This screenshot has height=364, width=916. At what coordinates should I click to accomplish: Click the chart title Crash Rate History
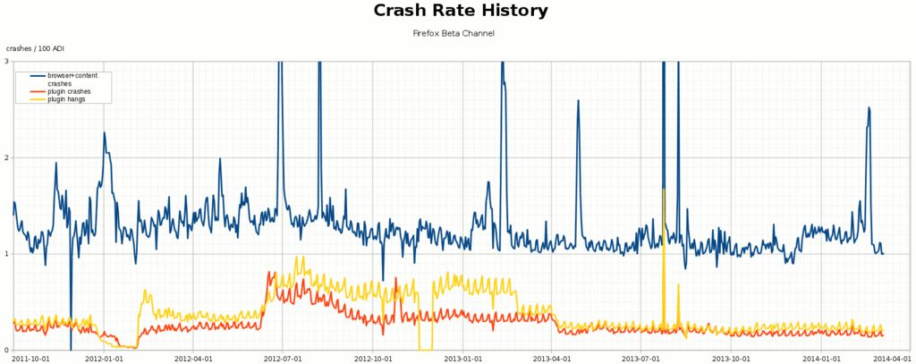pyautogui.click(x=460, y=12)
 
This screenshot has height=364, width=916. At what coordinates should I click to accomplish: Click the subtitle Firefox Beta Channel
pyautogui.click(x=454, y=33)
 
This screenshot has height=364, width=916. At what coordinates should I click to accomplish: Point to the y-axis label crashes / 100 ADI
pyautogui.click(x=36, y=48)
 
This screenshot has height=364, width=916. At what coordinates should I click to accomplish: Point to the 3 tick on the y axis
pyautogui.click(x=6, y=62)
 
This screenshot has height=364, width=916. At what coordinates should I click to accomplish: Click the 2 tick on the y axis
pyautogui.click(x=6, y=158)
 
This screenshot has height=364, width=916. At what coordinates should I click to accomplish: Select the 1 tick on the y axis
pyautogui.click(x=6, y=254)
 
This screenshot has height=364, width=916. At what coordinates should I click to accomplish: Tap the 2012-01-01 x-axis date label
pyautogui.click(x=104, y=359)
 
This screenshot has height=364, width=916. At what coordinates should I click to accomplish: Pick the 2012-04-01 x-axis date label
pyautogui.click(x=193, y=359)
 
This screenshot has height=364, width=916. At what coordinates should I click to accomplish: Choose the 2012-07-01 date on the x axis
pyautogui.click(x=283, y=359)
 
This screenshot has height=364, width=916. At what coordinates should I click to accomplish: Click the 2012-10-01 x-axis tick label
pyautogui.click(x=373, y=359)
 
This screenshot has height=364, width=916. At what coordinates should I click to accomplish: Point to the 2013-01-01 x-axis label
pyautogui.click(x=463, y=359)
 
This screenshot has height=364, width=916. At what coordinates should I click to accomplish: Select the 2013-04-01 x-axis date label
pyautogui.click(x=552, y=359)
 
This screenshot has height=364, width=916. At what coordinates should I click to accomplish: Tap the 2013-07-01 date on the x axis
pyautogui.click(x=641, y=359)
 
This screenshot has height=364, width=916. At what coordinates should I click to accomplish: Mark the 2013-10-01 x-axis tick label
pyautogui.click(x=732, y=359)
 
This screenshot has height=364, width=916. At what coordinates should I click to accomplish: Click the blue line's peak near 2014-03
pyautogui.click(x=869, y=108)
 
